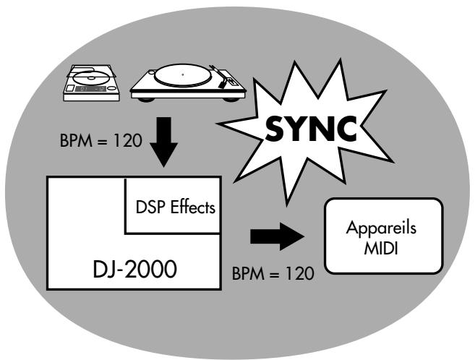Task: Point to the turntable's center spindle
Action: click(x=183, y=74)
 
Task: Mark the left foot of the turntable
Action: click(x=143, y=98)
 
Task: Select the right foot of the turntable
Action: click(x=228, y=98)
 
